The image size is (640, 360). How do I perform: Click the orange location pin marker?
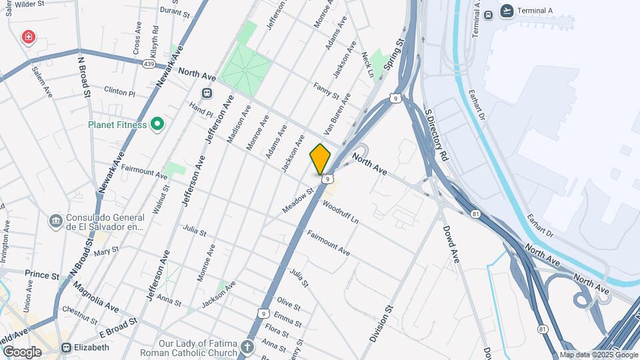coord(320,159)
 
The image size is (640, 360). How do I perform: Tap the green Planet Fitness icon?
coord(157,124)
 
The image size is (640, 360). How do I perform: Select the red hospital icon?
coord(28,36)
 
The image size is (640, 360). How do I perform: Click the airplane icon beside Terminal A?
coord(507,11)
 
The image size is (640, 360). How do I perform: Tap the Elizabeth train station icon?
coord(67,347)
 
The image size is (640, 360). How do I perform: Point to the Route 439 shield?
coord(149,64)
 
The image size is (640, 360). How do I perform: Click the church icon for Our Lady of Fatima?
coord(247,347)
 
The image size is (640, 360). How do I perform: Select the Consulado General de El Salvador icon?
coord(55,221)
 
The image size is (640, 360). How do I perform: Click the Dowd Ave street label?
coord(451,243)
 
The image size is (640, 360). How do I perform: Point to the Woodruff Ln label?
coord(341,212)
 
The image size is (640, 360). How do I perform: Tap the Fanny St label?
coord(326,91)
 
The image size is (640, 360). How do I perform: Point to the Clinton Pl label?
coord(120,91)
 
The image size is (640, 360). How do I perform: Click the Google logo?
coord(22,351)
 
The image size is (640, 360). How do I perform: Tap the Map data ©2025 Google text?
coord(598,355)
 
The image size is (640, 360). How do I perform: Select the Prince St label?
coord(41,274)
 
